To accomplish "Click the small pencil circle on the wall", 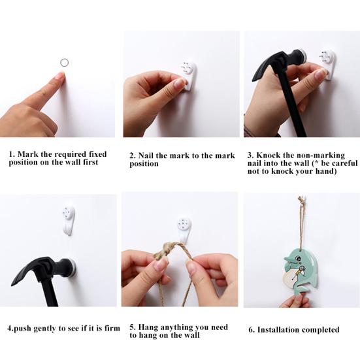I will point(64,62).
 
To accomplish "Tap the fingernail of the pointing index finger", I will point(59,76).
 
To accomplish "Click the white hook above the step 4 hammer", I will point(69,220).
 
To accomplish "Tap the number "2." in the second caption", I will point(133,155).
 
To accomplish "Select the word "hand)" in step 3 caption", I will point(323,171).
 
